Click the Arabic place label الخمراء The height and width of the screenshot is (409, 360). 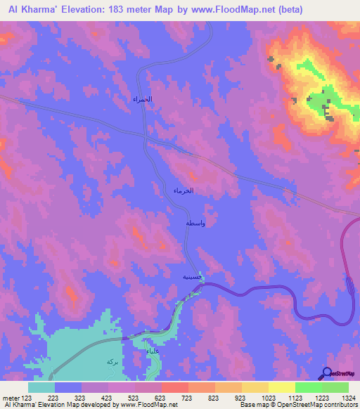point(142,100)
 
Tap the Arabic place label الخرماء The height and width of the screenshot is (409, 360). point(184,190)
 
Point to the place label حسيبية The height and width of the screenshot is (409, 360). point(193,277)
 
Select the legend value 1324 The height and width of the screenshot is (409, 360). point(348,398)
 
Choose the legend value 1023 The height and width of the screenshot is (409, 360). point(269,398)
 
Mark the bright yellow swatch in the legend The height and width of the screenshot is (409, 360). point(281,387)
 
